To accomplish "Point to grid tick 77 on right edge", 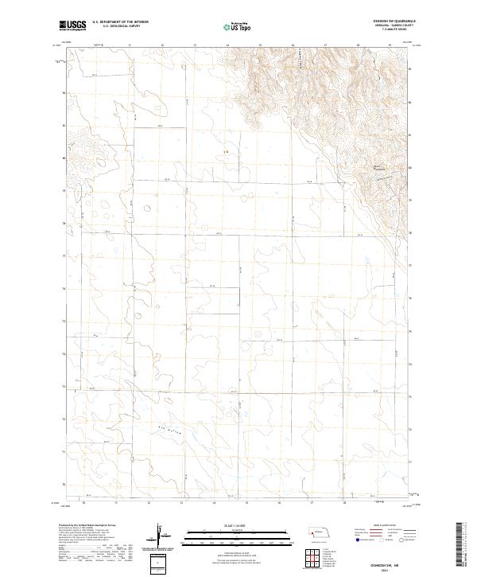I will pyautogui.click(x=409, y=265).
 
